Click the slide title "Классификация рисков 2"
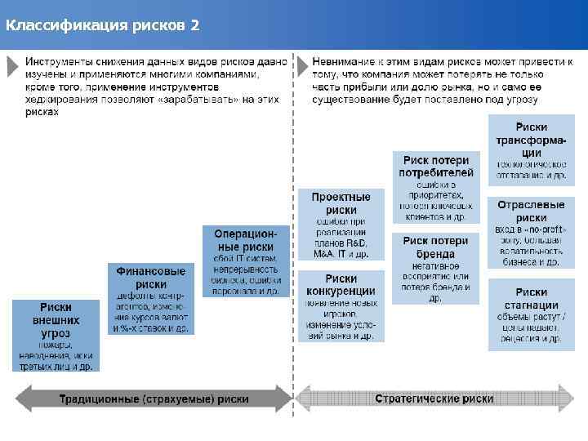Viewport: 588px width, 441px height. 101,24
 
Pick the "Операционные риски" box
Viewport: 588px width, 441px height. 246,261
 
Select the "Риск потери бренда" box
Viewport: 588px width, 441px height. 435,268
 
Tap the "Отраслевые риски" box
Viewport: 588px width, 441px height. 531,232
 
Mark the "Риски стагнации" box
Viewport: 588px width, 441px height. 531,314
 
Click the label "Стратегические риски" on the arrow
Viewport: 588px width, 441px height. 434,399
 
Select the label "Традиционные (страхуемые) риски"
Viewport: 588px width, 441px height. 154,399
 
